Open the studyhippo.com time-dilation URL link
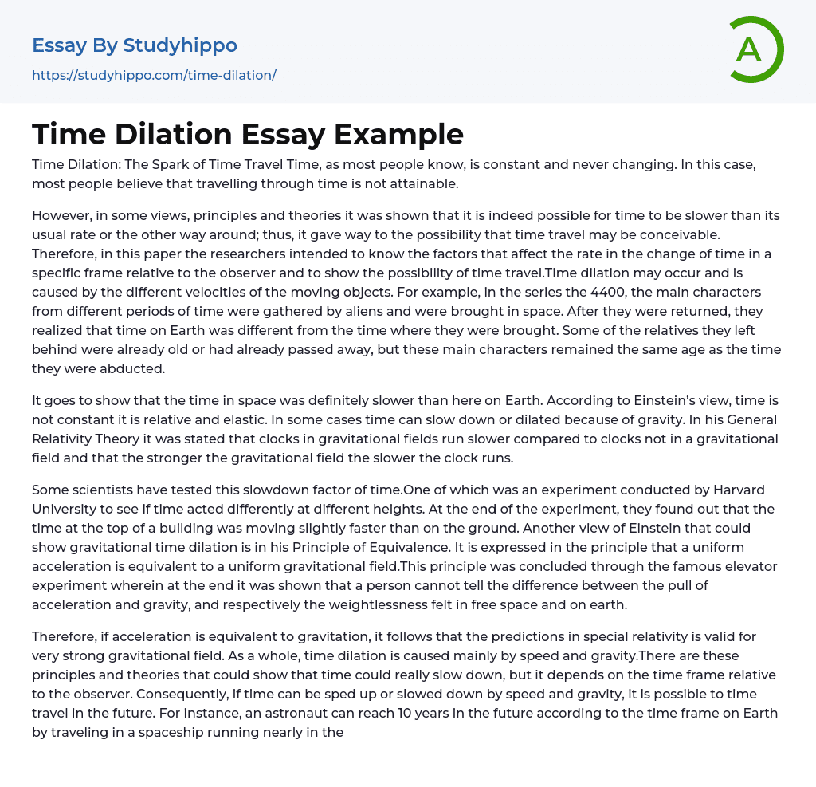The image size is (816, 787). [x=154, y=76]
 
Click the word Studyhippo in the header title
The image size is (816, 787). [x=180, y=45]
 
